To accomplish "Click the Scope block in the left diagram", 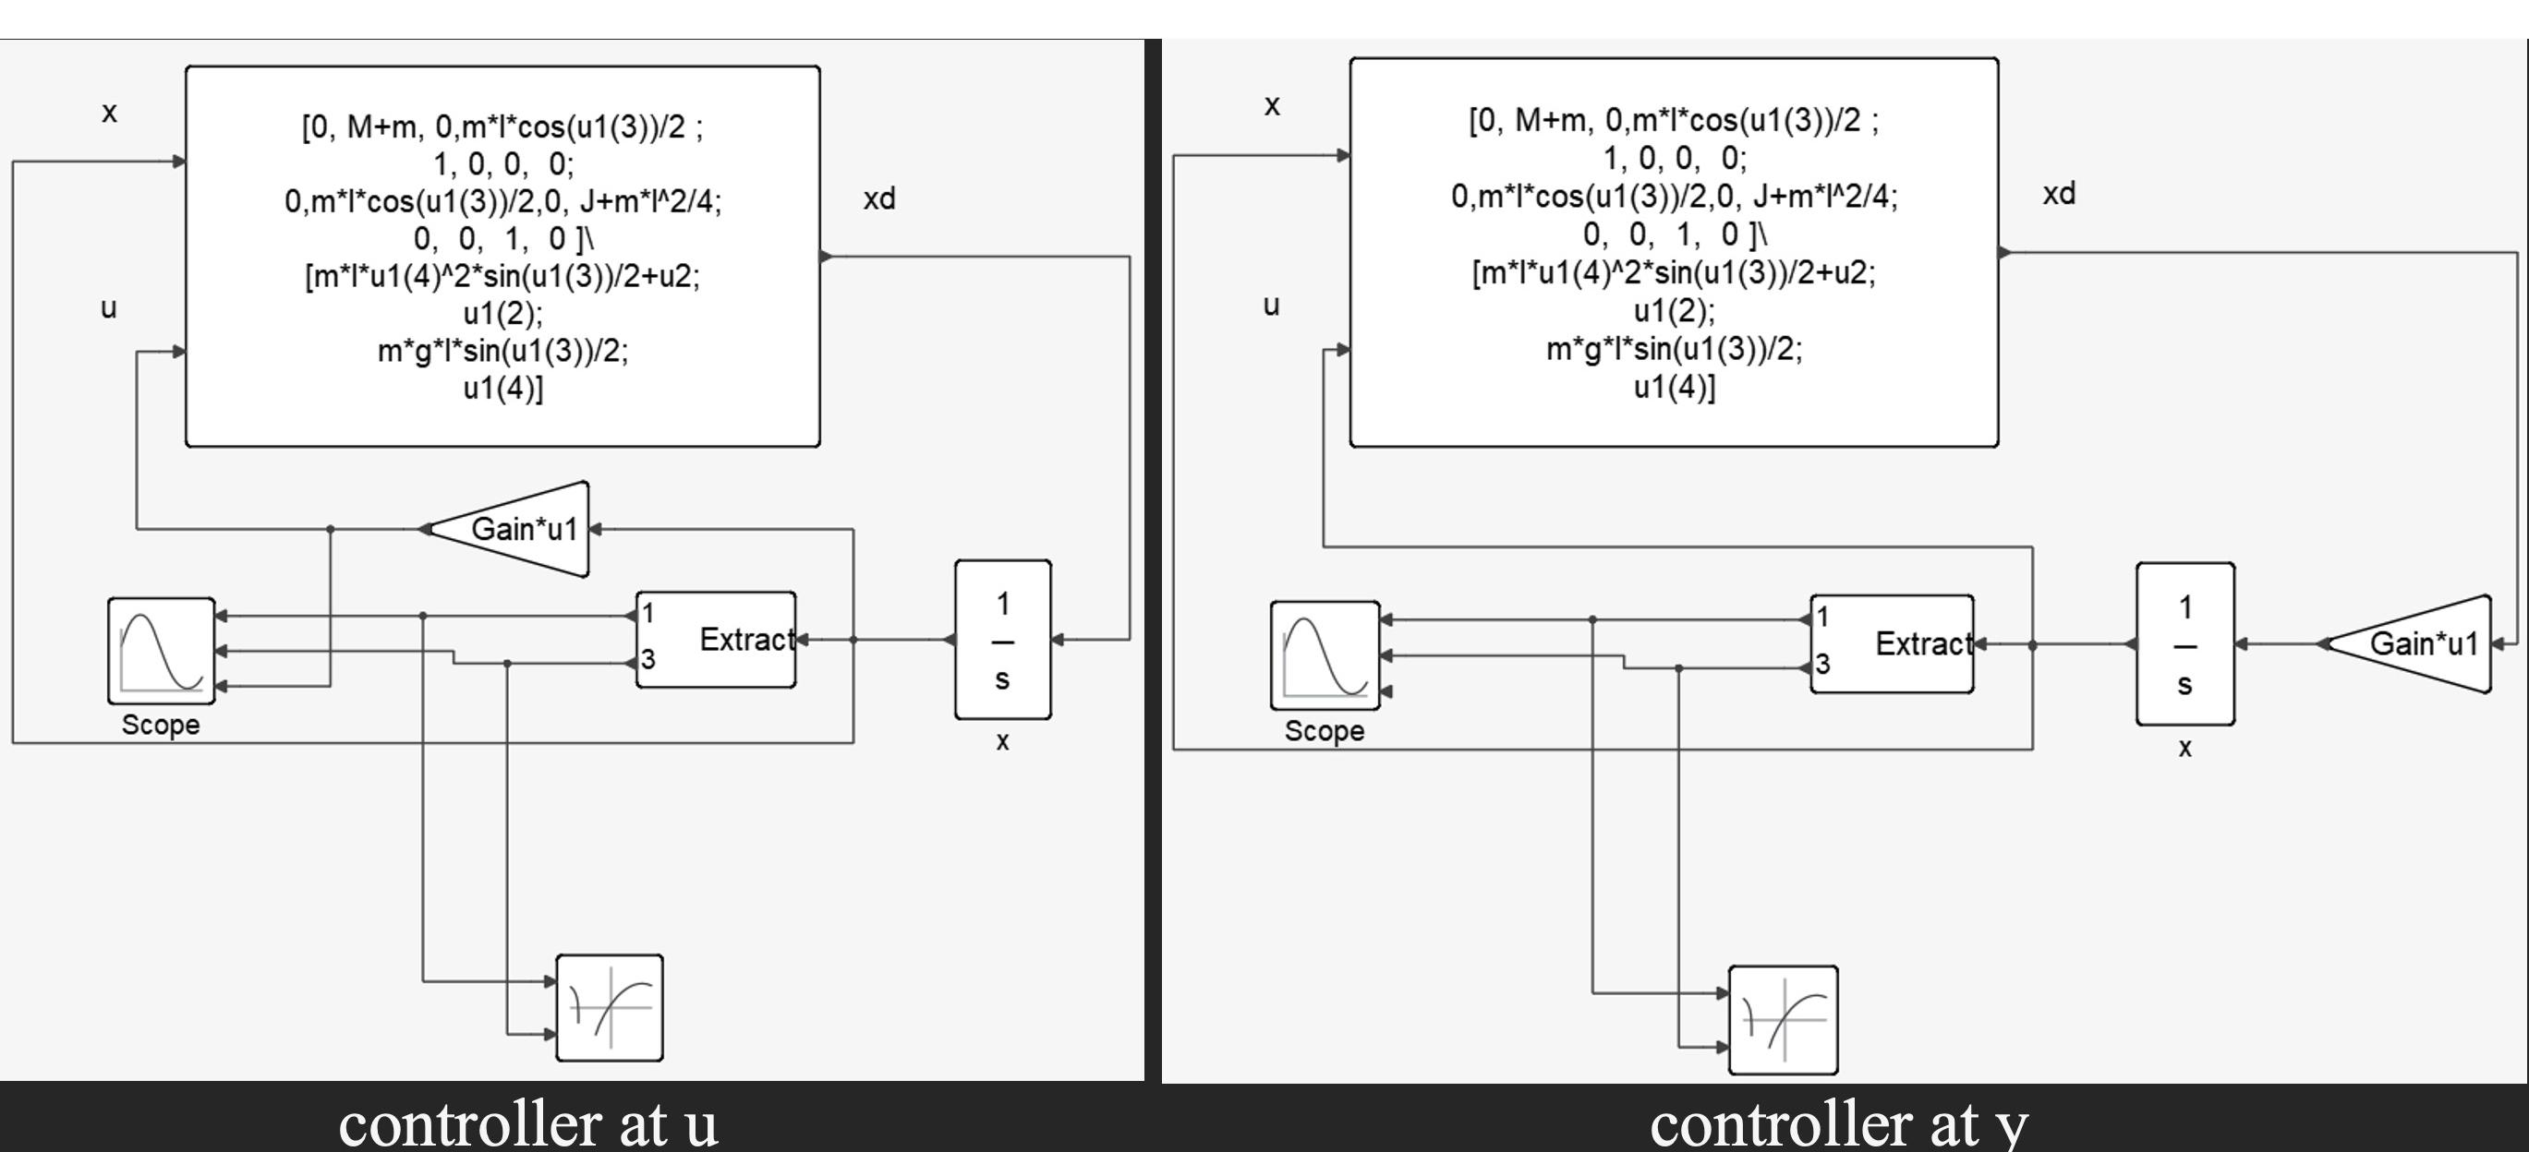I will [x=161, y=650].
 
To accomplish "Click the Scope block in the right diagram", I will [x=1325, y=654].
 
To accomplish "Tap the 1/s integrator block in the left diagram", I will [x=1002, y=640].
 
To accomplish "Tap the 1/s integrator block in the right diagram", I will [x=2184, y=643].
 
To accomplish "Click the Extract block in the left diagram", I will [x=717, y=640].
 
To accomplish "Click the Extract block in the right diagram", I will [x=1892, y=643].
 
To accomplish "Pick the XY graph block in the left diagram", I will [x=610, y=1008].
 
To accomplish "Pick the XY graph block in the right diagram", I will [x=1783, y=1019].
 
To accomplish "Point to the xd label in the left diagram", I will [x=878, y=199].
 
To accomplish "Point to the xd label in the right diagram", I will [x=2059, y=193].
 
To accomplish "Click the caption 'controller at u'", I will [x=528, y=1124].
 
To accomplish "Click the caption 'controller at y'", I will [x=1838, y=1124].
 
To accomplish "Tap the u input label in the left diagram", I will [x=109, y=308].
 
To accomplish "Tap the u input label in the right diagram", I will [x=1271, y=306].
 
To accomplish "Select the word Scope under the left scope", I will [x=161, y=726].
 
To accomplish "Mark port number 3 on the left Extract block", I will [x=648, y=659].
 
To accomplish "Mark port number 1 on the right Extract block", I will [x=1822, y=618].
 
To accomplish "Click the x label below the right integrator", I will [x=2184, y=748].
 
